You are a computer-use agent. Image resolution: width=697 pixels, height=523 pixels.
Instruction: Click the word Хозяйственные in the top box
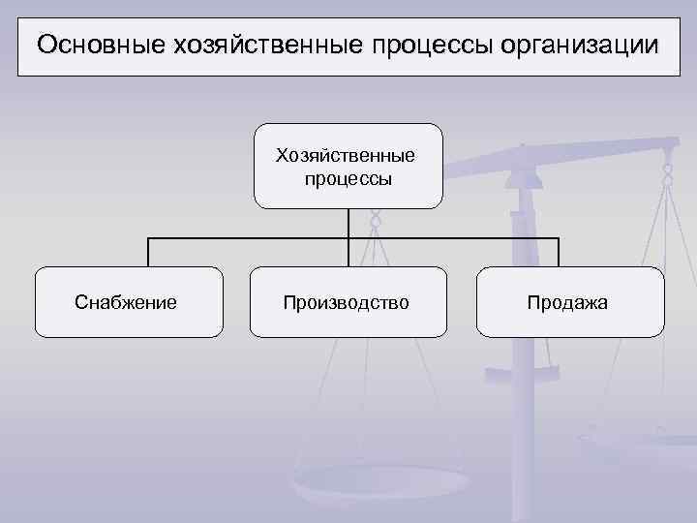pos(346,155)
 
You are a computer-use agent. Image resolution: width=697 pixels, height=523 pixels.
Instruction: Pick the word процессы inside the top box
pos(347,178)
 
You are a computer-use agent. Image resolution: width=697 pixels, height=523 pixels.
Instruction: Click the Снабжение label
pos(125,303)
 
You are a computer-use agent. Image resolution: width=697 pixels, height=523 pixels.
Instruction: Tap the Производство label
pos(347,303)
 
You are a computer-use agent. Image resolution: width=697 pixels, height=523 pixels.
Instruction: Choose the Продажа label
pos(567,303)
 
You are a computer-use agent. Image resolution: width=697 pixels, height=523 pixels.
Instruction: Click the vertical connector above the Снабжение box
pos(148,252)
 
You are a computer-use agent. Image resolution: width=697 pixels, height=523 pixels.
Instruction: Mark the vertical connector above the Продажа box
pos(559,252)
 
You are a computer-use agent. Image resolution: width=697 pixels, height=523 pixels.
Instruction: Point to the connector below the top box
pos(348,223)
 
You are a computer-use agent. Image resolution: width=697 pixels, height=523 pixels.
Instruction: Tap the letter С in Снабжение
pos(80,303)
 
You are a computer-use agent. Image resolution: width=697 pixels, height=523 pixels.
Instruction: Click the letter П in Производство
pos(289,303)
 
